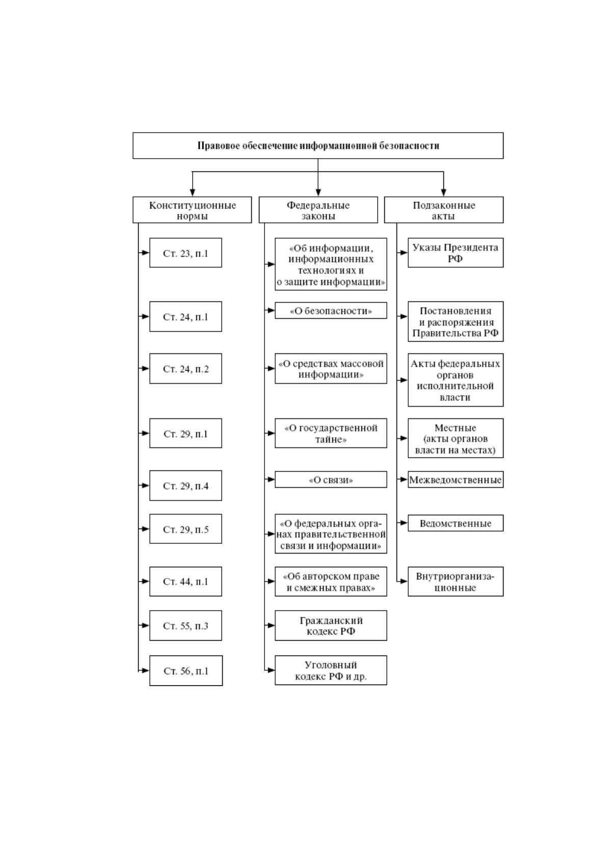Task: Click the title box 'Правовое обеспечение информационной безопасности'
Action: [x=318, y=146]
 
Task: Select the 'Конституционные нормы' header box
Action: [x=192, y=210]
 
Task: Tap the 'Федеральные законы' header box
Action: [x=318, y=210]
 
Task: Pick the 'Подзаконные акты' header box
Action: [x=444, y=210]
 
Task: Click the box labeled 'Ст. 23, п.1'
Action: [x=186, y=252]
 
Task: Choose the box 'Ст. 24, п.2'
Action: [x=186, y=368]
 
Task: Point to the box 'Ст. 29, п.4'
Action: [x=186, y=486]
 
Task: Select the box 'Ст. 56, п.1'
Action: [x=186, y=671]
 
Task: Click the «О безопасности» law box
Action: [x=331, y=310]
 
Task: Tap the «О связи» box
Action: [x=331, y=479]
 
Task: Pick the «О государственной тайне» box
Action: [x=331, y=434]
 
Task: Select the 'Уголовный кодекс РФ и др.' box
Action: [x=331, y=670]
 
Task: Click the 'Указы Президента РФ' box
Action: [x=456, y=252]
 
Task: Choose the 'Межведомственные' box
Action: [x=456, y=479]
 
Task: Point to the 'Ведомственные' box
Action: [x=456, y=523]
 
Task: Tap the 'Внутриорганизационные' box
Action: [x=456, y=582]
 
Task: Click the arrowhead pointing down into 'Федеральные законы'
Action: [x=318, y=192]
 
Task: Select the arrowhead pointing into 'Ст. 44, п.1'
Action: [x=145, y=582]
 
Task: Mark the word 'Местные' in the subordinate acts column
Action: [x=455, y=427]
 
